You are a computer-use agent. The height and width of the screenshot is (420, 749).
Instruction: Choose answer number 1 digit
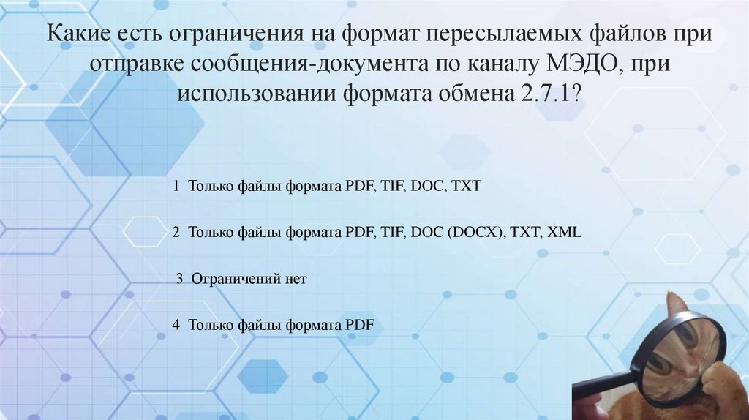(x=176, y=187)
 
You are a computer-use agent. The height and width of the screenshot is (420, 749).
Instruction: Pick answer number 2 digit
(x=176, y=233)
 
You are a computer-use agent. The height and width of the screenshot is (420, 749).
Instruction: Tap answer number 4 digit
(x=176, y=325)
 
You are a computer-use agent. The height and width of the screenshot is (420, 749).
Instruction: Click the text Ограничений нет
(x=249, y=279)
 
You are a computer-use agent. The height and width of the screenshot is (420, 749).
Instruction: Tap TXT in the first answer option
(x=467, y=187)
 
